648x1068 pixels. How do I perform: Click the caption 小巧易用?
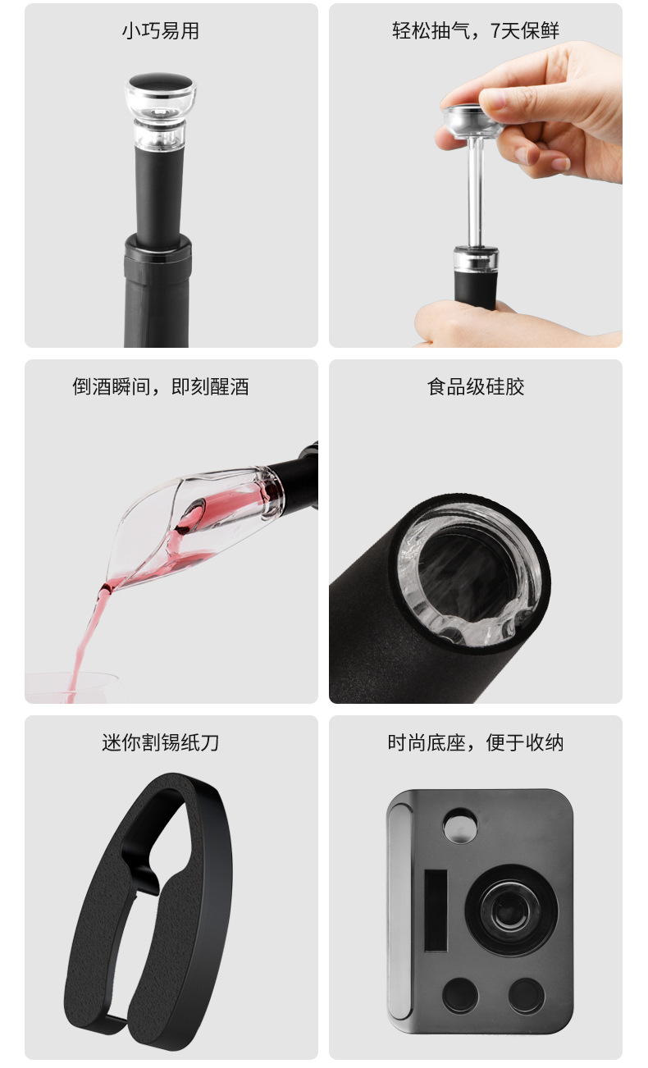click(x=161, y=31)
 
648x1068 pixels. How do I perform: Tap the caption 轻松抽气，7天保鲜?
click(x=475, y=31)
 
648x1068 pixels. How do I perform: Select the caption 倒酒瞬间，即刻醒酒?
click(x=161, y=386)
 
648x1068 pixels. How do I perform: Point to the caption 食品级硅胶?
click(x=475, y=386)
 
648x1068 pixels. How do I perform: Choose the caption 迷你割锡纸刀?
click(x=161, y=742)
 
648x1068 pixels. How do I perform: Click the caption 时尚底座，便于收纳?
click(x=475, y=742)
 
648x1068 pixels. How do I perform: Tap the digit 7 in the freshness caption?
click(x=495, y=31)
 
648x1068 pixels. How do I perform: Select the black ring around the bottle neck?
click(x=157, y=244)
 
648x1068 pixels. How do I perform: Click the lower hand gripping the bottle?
click(x=459, y=324)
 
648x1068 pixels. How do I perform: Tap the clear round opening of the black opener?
click(x=472, y=574)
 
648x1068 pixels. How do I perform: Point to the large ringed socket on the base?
click(x=510, y=910)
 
